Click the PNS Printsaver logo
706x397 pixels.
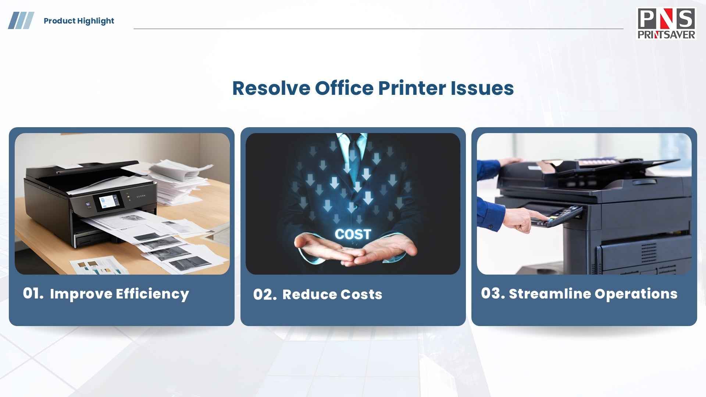pyautogui.click(x=666, y=24)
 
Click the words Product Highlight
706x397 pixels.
pyautogui.click(x=79, y=21)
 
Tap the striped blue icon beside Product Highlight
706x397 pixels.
pyautogui.click(x=21, y=20)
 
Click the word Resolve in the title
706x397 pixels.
pyautogui.click(x=271, y=88)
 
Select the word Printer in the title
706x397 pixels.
pyautogui.click(x=412, y=88)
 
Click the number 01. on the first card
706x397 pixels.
pyautogui.click(x=33, y=293)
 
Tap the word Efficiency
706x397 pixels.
pyautogui.click(x=152, y=294)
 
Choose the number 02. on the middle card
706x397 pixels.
pyautogui.click(x=265, y=294)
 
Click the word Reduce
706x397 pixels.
pyautogui.click(x=309, y=294)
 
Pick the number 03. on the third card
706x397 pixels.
pyautogui.click(x=493, y=293)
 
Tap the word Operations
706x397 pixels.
pyautogui.click(x=636, y=294)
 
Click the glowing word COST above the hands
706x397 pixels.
pyautogui.click(x=353, y=234)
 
